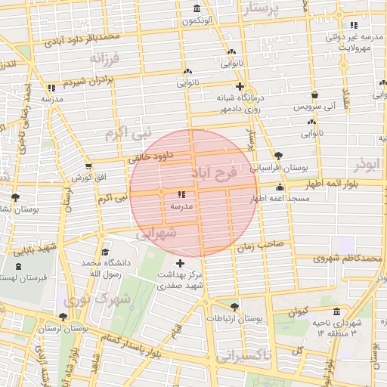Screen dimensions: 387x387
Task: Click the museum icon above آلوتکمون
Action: [x=197, y=9]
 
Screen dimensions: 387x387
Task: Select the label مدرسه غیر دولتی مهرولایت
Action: [x=351, y=42]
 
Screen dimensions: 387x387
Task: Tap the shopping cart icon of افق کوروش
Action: [x=89, y=166]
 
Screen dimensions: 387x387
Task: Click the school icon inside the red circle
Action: [x=181, y=195]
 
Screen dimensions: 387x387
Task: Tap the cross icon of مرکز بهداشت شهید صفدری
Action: [x=179, y=263]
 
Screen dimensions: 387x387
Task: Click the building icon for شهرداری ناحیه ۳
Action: [x=336, y=312]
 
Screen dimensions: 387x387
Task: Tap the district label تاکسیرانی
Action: [x=245, y=356]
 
